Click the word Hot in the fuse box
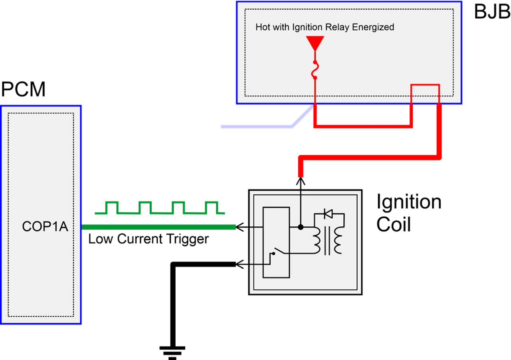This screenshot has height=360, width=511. tap(262, 27)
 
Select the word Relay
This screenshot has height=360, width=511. tap(332, 27)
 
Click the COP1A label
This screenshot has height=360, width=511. tap(45, 227)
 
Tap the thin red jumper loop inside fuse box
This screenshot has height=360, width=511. tap(425, 85)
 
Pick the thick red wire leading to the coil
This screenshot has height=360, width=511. tap(371, 157)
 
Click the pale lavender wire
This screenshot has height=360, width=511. tap(255, 127)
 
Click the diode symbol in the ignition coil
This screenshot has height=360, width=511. tap(328, 214)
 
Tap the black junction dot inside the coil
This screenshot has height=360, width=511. tap(301, 227)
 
